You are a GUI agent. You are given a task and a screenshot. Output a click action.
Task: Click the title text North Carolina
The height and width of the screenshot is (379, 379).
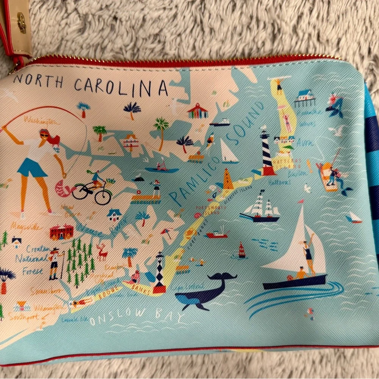(x=91, y=85)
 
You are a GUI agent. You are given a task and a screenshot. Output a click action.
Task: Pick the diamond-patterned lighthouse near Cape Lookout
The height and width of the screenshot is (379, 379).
(x=160, y=273)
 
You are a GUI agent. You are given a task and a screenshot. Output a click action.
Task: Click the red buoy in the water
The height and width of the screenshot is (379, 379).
(x=241, y=251)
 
